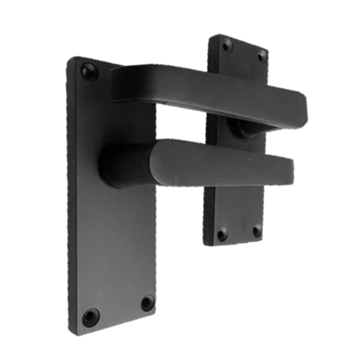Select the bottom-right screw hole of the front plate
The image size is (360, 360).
pos(146,303)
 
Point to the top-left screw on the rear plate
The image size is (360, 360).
pos(227,44)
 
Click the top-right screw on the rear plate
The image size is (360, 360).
pos(262,55)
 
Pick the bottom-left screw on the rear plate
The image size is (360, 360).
pos(222,233)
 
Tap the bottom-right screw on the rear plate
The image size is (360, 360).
pos(257,231)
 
